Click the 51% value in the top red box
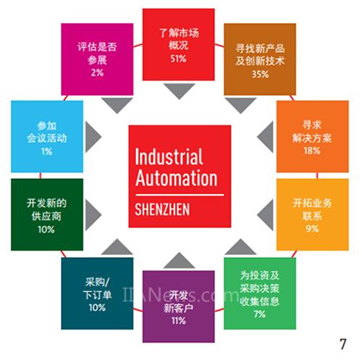[x=178, y=59]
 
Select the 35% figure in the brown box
[x=260, y=74]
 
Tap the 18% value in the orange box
[x=312, y=151]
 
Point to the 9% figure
[x=312, y=228]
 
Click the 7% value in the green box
[x=260, y=314]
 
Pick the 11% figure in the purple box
[x=179, y=320]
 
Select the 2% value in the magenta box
[x=97, y=72]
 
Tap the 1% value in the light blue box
[x=46, y=151]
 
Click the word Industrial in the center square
[x=169, y=156]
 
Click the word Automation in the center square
[x=177, y=178]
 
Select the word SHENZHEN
[x=162, y=209]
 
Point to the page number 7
[x=343, y=344]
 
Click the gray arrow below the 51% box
[x=179, y=89]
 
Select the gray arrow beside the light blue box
[x=92, y=137]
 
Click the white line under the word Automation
[x=180, y=195]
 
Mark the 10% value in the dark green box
[x=46, y=229]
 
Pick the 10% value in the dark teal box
[x=97, y=307]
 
